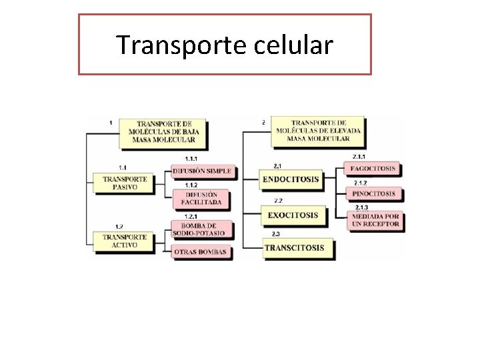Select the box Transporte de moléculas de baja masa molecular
tap(165, 131)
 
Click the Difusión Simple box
tap(201, 171)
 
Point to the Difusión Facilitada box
tap(203, 198)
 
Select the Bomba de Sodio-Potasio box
tap(201, 229)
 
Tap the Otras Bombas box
tap(201, 252)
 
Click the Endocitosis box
tap(290, 179)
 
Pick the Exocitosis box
tap(292, 215)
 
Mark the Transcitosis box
tap(293, 248)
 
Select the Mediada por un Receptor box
tap(373, 220)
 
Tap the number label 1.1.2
tap(191, 185)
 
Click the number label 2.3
tap(276, 234)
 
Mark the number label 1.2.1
tap(191, 217)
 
